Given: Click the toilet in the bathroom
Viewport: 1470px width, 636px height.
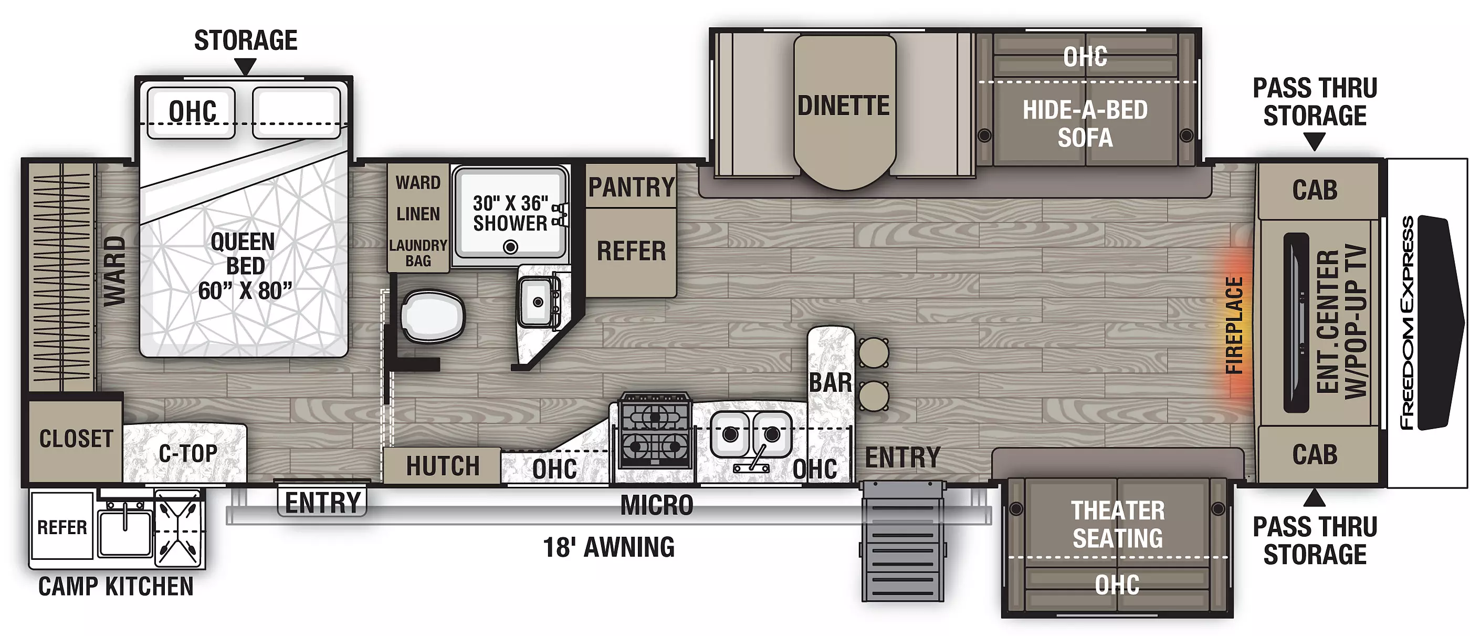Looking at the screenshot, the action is coord(433,316).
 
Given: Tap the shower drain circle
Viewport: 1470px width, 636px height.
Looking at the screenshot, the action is coord(510,247).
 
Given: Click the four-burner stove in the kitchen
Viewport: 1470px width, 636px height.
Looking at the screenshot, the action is coord(655,431).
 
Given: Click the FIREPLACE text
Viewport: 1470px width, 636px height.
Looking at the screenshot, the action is coord(1234,326).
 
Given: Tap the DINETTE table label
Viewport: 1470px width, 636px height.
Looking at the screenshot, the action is coord(844,106).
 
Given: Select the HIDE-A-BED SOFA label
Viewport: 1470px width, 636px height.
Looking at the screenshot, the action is coord(1085,124).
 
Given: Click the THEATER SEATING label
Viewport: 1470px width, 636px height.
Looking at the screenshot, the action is coord(1117,524).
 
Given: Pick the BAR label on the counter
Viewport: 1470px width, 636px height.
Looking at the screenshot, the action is coord(831,382).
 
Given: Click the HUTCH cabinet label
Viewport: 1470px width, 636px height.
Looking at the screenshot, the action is coord(443,466).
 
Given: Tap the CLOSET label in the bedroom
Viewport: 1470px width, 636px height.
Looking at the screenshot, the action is coord(76,439).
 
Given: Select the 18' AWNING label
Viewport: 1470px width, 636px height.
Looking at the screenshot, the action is coord(608,547).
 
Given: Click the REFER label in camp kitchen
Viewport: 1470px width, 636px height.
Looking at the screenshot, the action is coord(61,527).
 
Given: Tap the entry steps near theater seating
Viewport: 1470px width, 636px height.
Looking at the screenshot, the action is coord(902,540).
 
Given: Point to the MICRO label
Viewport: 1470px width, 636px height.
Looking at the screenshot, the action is coord(657,505).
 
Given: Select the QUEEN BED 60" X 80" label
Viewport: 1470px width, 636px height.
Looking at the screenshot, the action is coord(245,266).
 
